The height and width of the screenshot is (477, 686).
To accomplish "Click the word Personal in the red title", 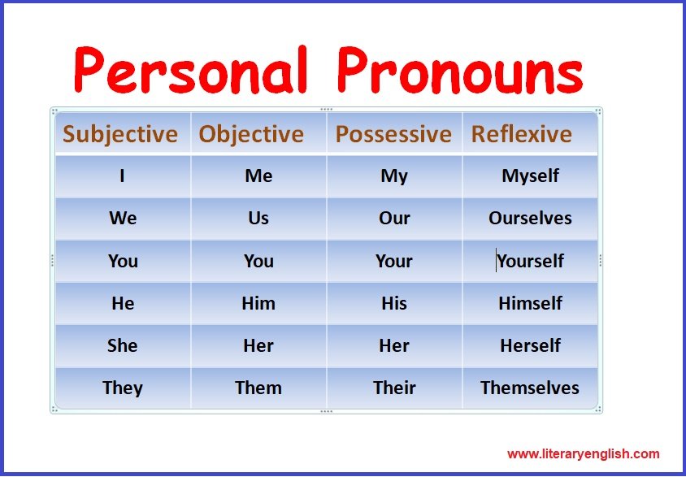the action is (x=191, y=70).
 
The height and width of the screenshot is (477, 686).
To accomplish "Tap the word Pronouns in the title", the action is (x=460, y=71).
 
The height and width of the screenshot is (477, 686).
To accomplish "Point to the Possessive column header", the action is (x=393, y=134).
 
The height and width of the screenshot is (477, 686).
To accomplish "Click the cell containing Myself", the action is (x=530, y=176).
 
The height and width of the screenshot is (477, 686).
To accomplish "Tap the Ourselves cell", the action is (x=530, y=218).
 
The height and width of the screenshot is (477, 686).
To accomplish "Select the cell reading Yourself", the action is (x=530, y=261).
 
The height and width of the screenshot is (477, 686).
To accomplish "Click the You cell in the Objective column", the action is (x=258, y=261).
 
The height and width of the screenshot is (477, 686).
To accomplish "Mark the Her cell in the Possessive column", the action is (x=394, y=346).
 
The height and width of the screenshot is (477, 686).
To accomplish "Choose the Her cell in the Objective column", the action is (x=258, y=346).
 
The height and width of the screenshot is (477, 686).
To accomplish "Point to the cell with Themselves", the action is (x=530, y=388).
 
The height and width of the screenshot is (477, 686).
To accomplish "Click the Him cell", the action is (x=258, y=303).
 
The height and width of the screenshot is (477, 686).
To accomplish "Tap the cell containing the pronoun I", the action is (x=123, y=176).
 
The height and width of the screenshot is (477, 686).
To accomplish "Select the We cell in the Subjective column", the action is (x=123, y=218).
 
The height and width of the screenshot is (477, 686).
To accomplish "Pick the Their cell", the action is (x=394, y=388).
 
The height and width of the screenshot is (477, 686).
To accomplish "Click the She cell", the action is (x=123, y=346).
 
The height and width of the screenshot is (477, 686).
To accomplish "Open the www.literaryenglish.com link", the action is (x=584, y=453).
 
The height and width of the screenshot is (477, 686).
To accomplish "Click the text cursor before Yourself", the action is (x=496, y=260).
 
